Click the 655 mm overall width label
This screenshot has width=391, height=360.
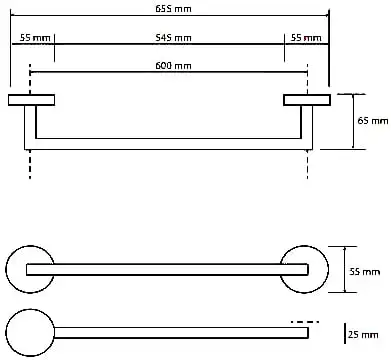pyautogui.click(x=173, y=9)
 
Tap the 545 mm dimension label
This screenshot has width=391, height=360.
pyautogui.click(x=173, y=38)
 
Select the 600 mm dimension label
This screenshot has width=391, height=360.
pyautogui.click(x=173, y=66)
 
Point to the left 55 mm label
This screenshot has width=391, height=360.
pyautogui.click(x=35, y=38)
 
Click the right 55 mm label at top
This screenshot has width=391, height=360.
pyautogui.click(x=306, y=38)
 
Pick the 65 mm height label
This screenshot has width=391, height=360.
pyautogui.click(x=373, y=120)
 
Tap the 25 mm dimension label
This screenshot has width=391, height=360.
pyautogui.click(x=363, y=334)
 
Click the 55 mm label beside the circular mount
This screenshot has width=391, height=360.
pyautogui.click(x=364, y=272)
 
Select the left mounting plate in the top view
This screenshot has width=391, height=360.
pyautogui.click(x=31, y=100)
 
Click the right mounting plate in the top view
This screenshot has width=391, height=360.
pyautogui.click(x=307, y=100)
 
